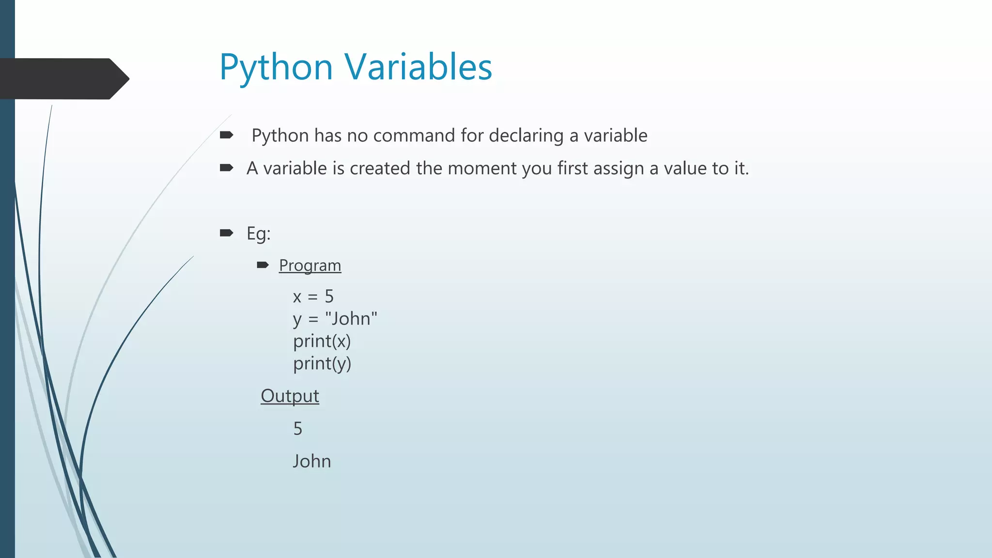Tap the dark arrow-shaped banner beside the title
coord(63,78)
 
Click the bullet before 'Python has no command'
coord(226,135)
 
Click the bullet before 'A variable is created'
coord(226,168)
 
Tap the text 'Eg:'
coord(258,233)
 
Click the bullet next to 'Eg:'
coord(226,233)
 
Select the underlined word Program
coord(310,265)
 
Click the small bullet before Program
coord(263,264)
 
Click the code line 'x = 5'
coord(313,296)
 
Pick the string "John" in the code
coord(351,319)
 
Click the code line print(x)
coord(322,341)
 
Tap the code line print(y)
coord(322,363)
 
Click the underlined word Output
coord(290,396)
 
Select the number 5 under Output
coord(298,429)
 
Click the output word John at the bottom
coord(312,461)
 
